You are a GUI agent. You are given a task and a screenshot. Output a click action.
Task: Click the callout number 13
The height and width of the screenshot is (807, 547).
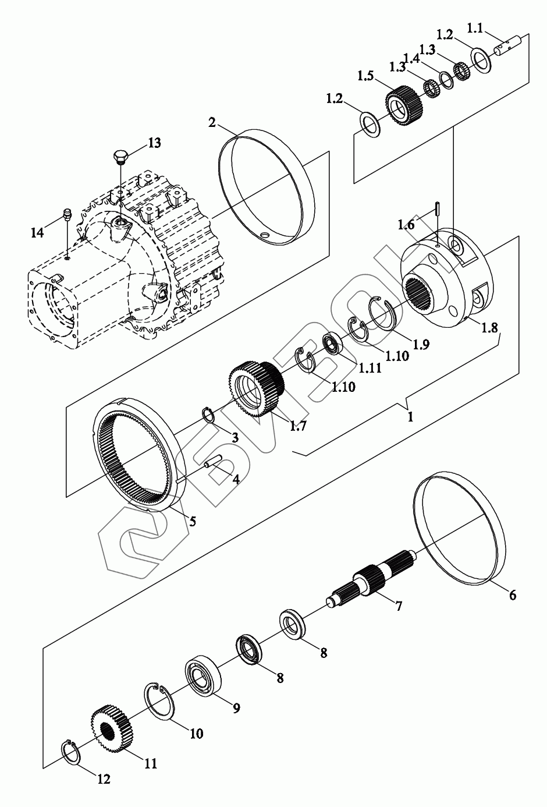(154, 143)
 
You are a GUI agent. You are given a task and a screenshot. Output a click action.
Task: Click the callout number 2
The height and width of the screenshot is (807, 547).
(212, 122)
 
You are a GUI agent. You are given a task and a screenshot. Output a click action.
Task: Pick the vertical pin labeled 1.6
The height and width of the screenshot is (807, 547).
(436, 210)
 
